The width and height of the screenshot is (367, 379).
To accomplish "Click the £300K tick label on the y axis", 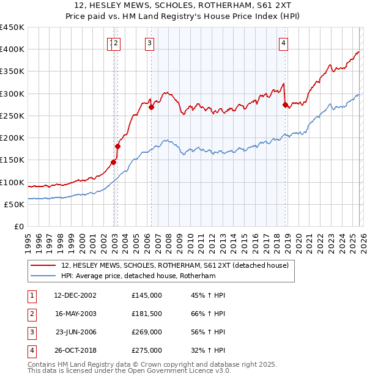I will coord(12,94).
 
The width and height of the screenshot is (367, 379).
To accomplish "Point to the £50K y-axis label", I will coord(14,204).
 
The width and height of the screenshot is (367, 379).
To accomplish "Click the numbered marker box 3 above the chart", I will coord(150,43).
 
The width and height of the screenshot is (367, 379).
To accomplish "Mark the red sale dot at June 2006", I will coord(151,107).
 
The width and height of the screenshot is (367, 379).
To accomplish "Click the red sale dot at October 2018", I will coord(285,105).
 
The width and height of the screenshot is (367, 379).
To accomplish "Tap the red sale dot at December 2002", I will coord(113,162).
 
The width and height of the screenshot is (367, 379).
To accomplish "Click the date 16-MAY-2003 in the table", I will coord(75,314).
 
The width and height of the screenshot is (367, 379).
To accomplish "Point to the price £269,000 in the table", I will coord(147,332).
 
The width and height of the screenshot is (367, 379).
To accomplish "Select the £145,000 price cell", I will coord(147,295).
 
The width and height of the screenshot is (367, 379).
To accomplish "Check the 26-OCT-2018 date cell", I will coord(75,350).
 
